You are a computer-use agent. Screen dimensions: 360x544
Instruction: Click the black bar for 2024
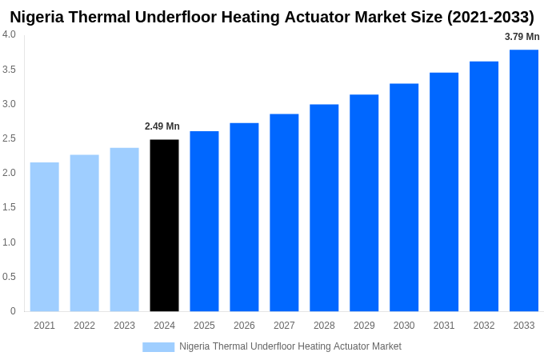tap(164, 226)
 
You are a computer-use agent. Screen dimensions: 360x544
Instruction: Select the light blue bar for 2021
tap(45, 237)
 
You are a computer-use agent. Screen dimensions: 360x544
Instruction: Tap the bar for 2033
tap(524, 181)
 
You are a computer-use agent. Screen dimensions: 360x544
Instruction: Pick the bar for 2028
tap(324, 208)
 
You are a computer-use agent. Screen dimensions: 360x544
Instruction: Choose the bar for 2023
tap(124, 230)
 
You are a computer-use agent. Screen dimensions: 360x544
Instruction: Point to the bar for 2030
tap(404, 198)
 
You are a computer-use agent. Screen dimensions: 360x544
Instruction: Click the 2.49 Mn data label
tap(162, 126)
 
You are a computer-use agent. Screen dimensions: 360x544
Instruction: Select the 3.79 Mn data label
tap(522, 37)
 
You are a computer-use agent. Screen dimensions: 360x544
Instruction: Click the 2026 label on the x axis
tap(244, 326)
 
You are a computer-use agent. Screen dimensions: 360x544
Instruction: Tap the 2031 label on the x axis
tap(444, 326)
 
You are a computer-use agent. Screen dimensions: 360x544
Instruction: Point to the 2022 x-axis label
tap(84, 326)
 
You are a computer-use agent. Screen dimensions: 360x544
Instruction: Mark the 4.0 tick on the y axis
tap(9, 34)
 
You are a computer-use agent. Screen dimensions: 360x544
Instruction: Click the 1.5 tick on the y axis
tap(9, 207)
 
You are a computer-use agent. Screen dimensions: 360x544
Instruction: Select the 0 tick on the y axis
tap(13, 311)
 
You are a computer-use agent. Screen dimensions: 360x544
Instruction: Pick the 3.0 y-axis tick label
tap(9, 104)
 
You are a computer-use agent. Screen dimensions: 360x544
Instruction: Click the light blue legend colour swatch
tap(158, 346)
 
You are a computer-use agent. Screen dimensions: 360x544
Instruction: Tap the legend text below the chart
tap(290, 346)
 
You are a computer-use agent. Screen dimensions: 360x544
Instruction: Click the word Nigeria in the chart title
tap(40, 17)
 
